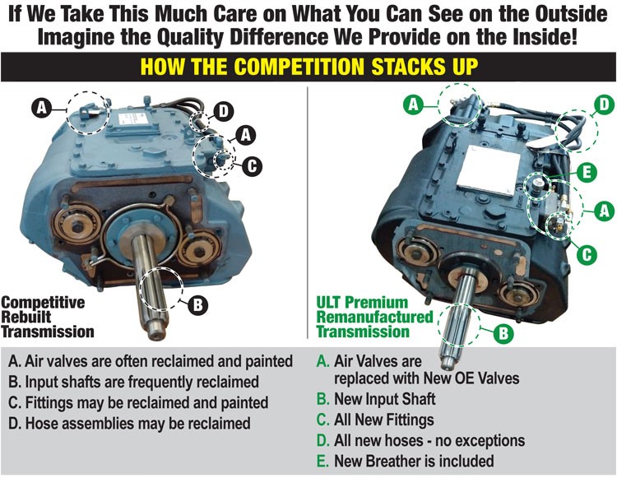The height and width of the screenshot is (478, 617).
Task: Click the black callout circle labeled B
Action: [198, 304]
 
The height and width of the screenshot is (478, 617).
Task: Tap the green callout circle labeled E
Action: [587, 172]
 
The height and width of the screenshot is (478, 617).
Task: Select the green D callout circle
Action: [604, 104]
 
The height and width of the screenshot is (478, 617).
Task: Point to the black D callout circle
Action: [223, 111]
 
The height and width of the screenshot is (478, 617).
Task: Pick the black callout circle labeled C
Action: [252, 165]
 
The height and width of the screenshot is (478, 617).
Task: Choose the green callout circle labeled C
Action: [587, 253]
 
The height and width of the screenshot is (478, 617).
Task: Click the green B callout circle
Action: [503, 333]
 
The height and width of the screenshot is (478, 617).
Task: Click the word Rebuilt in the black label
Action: [26, 317]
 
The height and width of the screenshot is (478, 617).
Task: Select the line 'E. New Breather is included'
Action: [406, 461]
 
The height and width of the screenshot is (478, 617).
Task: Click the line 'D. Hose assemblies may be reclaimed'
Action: [129, 424]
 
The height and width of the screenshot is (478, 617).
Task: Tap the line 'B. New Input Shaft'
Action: [376, 399]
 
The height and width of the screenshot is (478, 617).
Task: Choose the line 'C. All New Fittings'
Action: [375, 420]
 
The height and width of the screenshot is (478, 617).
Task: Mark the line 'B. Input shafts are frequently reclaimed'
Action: [134, 382]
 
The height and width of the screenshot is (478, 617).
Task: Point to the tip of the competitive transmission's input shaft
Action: [156, 336]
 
